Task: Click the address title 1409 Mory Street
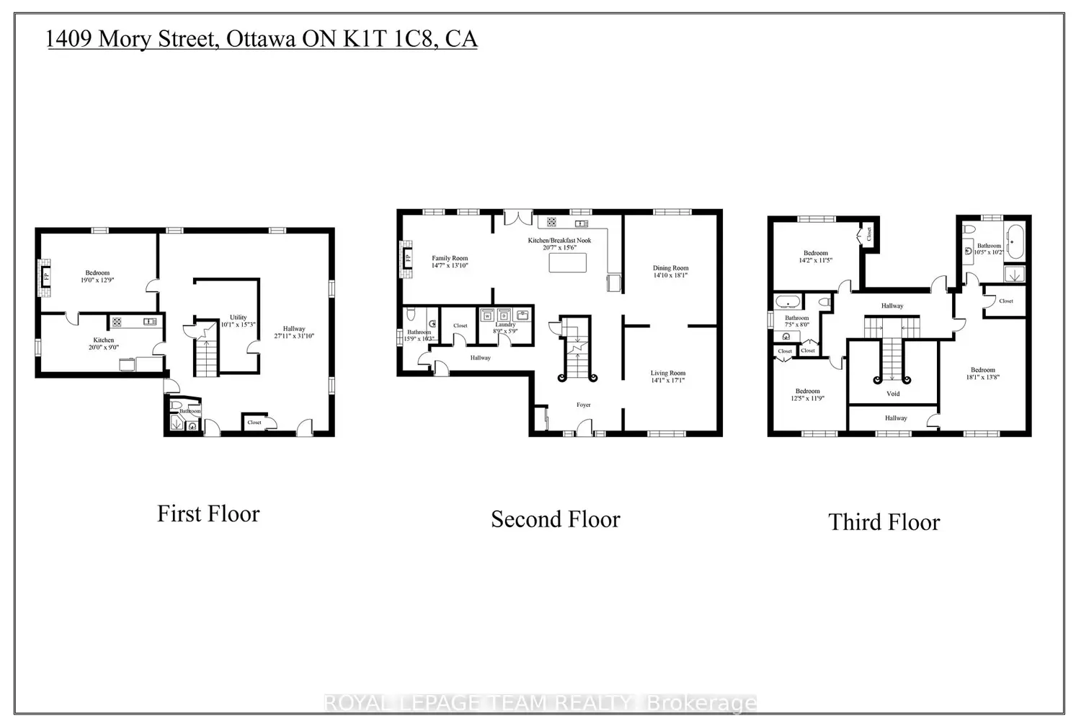(262, 38)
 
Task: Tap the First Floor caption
(208, 514)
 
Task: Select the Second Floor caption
(555, 519)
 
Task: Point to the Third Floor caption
(884, 522)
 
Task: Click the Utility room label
(238, 317)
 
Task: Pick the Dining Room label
(670, 268)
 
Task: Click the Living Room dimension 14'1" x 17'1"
(667, 380)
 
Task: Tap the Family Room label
(450, 258)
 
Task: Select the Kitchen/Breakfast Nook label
(559, 240)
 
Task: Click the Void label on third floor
(893, 394)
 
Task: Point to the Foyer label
(583, 404)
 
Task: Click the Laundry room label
(505, 324)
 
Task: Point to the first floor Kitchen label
(103, 340)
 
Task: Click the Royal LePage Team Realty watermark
(540, 703)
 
